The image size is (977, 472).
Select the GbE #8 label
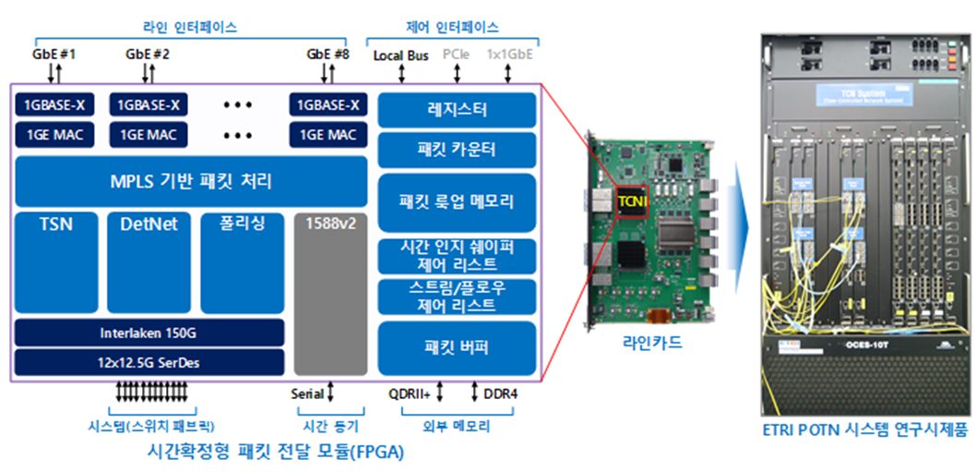(x=328, y=54)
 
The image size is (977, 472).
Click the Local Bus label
(x=400, y=55)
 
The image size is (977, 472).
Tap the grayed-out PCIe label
(x=456, y=55)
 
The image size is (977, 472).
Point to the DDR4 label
(x=500, y=393)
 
